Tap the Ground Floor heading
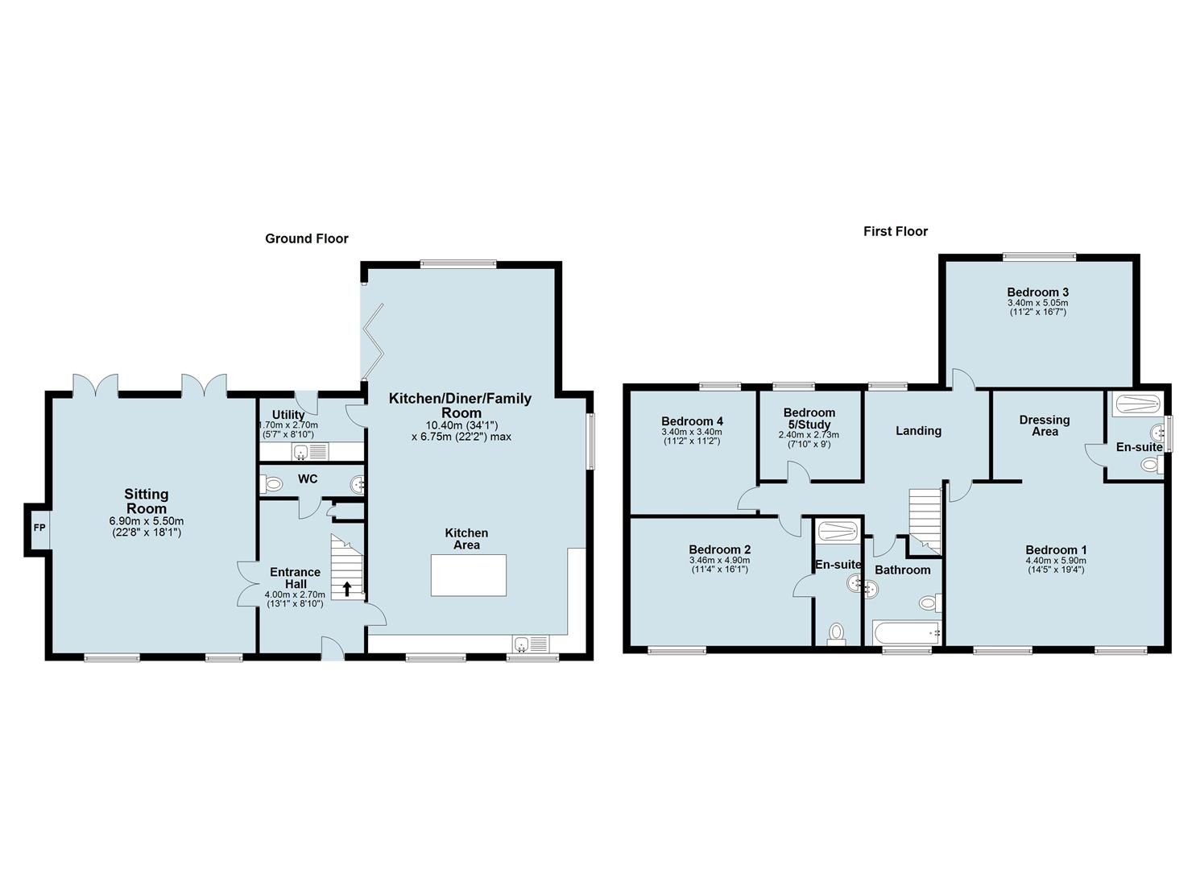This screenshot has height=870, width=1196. [307, 238]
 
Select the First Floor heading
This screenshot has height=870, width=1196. [896, 231]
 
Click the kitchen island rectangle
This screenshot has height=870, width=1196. [469, 575]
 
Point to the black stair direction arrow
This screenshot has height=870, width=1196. [347, 589]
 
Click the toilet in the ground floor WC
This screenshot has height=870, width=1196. [271, 484]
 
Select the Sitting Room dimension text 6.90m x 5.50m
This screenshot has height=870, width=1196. [147, 521]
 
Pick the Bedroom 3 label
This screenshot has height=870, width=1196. [1037, 292]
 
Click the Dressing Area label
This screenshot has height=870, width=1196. [1045, 425]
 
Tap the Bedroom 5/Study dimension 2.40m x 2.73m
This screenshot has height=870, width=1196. [809, 435]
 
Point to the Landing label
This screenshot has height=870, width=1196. [918, 431]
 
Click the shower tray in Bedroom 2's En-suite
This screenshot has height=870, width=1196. [838, 530]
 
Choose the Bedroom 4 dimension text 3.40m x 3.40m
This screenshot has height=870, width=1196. [692, 432]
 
